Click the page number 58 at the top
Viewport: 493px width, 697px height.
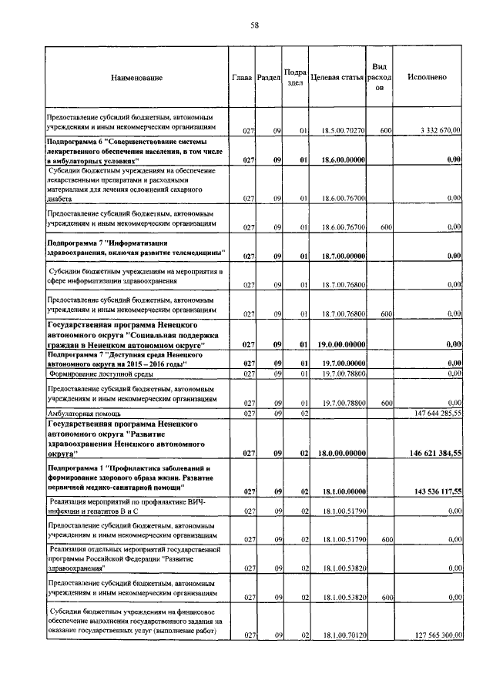(x=253, y=25)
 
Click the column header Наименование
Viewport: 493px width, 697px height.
(x=136, y=78)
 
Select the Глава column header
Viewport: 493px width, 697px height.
(x=243, y=78)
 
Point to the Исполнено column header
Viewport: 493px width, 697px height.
(x=423, y=78)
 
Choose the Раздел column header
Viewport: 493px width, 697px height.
(x=269, y=78)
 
